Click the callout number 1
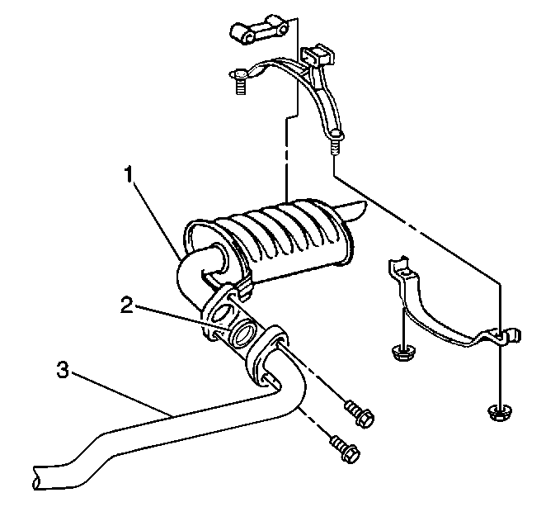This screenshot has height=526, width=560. [x=129, y=174]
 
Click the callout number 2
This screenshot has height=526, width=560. [x=127, y=305]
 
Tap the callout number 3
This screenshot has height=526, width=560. [x=63, y=369]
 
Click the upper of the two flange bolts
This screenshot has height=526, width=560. [x=360, y=414]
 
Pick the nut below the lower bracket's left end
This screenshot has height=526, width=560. [x=402, y=353]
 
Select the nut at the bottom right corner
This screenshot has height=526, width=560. [x=499, y=412]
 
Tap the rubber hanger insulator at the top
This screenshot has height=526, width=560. [x=260, y=30]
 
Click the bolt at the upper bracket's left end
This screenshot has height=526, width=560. [x=240, y=81]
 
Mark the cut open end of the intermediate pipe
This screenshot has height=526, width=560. [x=36, y=477]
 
